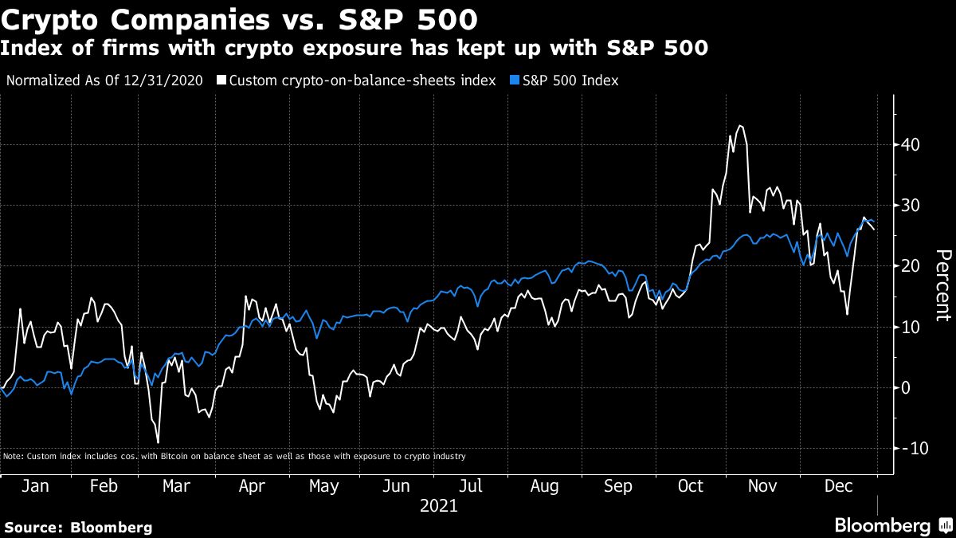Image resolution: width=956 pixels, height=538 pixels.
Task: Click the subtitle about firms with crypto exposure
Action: coord(355,49)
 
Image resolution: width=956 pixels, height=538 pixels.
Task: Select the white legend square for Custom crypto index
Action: coord(221,81)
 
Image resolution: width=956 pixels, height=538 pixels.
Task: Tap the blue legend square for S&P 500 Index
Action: coord(514,81)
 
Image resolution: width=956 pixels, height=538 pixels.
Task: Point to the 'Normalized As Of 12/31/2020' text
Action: coord(104,81)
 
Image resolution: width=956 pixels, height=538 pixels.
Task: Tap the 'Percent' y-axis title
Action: coord(942,285)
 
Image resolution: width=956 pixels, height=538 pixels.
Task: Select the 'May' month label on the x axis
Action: coord(323,486)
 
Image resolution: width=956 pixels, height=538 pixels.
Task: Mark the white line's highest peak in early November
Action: coord(740,125)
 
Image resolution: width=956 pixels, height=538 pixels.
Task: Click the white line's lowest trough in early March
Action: coord(159,442)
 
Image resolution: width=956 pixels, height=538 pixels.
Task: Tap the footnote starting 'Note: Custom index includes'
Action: coord(234,457)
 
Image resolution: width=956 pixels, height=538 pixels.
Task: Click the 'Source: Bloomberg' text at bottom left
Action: coord(78,527)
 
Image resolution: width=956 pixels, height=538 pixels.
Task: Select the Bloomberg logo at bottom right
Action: coord(892,525)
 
